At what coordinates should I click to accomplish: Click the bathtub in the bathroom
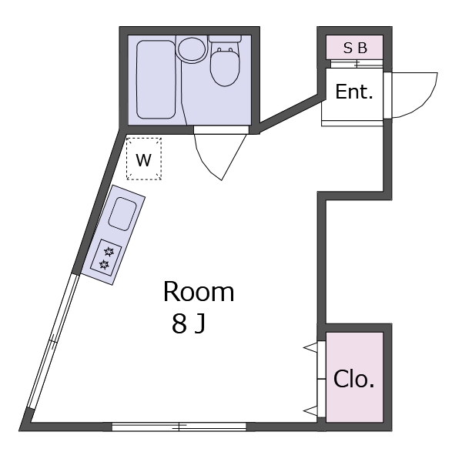tap(156, 79)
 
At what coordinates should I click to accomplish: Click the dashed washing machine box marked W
tap(144, 159)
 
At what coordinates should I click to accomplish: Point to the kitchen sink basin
tap(122, 213)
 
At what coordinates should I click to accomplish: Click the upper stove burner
tap(109, 251)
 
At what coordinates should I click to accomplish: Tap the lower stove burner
tap(104, 265)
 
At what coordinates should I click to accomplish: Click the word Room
tap(198, 292)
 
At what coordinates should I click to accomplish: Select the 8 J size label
tap(189, 324)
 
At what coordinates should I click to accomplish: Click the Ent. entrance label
tap(353, 92)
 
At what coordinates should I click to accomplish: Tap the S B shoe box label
tap(355, 48)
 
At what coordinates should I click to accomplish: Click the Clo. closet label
tap(353, 379)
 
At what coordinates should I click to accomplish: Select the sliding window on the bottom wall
tap(179, 426)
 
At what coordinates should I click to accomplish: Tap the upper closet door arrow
tap(310, 348)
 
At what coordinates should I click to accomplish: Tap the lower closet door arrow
tap(310, 410)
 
